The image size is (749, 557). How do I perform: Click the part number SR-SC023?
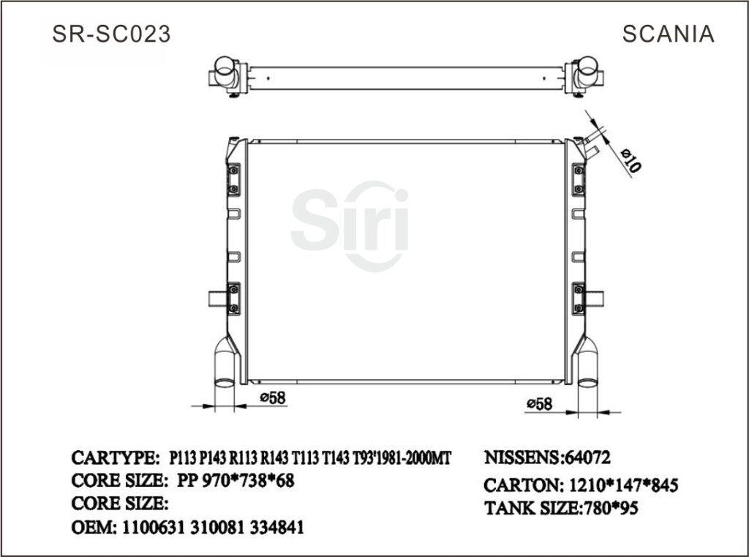click(x=111, y=34)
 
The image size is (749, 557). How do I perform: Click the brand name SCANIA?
click(x=669, y=34)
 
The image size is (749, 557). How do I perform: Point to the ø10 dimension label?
click(x=631, y=160)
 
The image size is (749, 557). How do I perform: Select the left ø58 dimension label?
click(x=272, y=397)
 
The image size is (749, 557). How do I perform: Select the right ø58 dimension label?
click(x=538, y=403)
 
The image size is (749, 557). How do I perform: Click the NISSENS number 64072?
click(x=587, y=457)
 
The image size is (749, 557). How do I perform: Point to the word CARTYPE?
click(x=114, y=457)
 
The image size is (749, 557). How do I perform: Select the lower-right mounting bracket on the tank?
click(x=578, y=296)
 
